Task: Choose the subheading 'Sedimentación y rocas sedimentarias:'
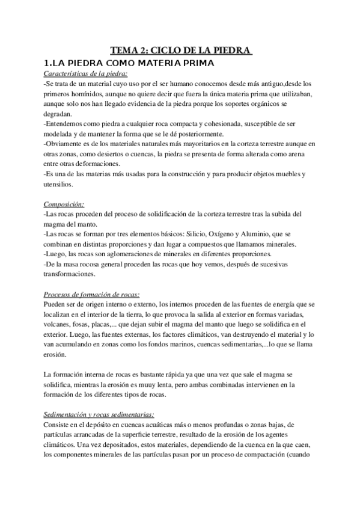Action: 99,414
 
